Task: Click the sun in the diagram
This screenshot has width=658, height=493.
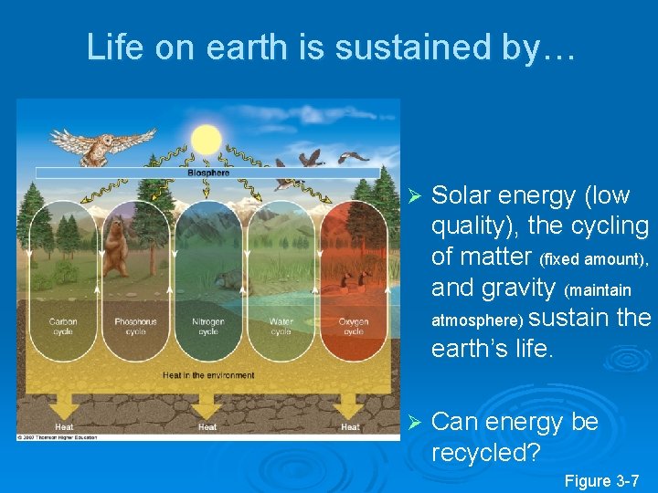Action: click(x=206, y=140)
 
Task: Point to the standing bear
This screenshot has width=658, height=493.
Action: click(x=116, y=246)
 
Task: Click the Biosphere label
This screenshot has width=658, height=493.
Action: click(x=208, y=172)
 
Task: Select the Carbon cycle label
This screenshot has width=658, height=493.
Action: click(x=63, y=326)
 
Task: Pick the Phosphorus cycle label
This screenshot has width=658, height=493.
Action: click(x=135, y=326)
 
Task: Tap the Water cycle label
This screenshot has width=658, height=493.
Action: click(x=281, y=326)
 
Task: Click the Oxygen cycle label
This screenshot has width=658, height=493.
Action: click(x=353, y=326)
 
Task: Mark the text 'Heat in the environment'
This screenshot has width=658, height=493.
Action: click(x=208, y=375)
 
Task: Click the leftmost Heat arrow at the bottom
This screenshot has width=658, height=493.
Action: click(x=64, y=408)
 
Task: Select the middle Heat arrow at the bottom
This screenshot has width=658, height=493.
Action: click(x=207, y=408)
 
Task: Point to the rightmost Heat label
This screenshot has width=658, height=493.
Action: click(x=350, y=426)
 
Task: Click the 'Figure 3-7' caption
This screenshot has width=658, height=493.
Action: click(x=601, y=480)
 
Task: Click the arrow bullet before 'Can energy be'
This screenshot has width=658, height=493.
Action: click(x=413, y=423)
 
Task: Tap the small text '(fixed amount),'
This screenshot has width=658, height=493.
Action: click(x=595, y=260)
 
